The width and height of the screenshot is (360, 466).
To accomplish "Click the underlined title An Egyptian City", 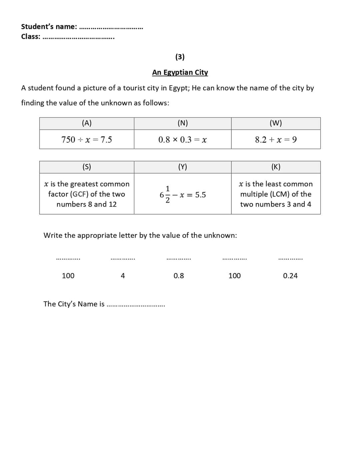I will click(x=180, y=72).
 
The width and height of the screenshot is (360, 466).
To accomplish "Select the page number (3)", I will click(x=180, y=57).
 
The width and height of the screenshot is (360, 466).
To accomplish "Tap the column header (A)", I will click(x=87, y=123).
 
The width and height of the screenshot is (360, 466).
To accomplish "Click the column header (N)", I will click(x=183, y=123).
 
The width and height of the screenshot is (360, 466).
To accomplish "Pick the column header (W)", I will click(x=276, y=123).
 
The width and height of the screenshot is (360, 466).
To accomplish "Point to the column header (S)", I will click(x=87, y=167).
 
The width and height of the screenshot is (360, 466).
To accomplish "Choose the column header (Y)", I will click(x=183, y=167).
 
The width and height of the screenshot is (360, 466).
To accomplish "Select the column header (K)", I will click(x=276, y=167).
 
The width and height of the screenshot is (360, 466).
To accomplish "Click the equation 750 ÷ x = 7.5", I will click(x=87, y=140).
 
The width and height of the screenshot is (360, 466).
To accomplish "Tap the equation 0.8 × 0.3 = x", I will click(x=183, y=140).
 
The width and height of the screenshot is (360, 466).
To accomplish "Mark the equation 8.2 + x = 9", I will click(x=276, y=140).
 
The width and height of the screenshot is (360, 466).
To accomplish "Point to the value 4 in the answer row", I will click(x=123, y=276).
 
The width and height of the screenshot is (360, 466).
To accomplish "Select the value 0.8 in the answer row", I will click(x=179, y=276).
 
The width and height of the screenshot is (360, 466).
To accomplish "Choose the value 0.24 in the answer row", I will click(x=290, y=276).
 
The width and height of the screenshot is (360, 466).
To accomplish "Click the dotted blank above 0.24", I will click(x=290, y=259).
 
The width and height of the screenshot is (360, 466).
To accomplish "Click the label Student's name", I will click(x=49, y=26).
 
